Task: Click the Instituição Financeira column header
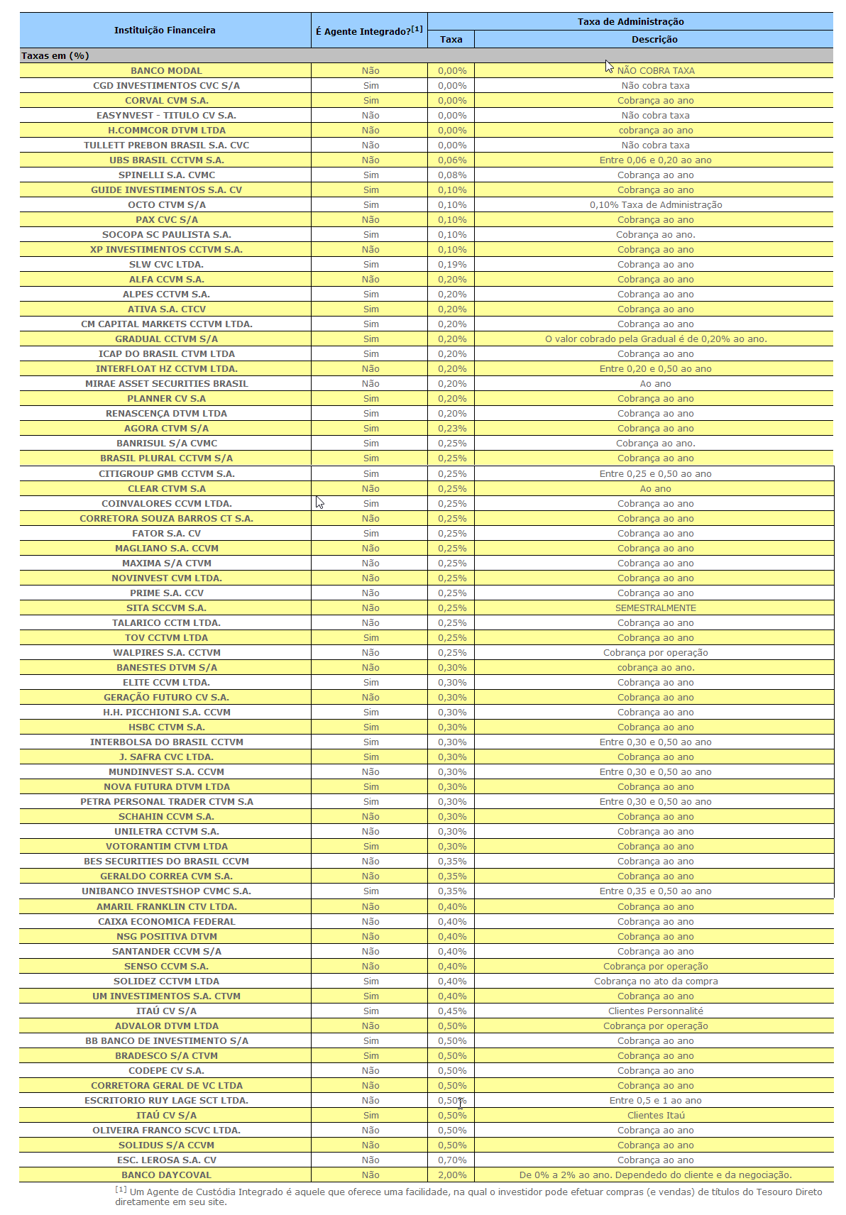coord(165,31)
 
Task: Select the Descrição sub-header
coord(654,40)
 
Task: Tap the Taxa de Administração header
coord(630,22)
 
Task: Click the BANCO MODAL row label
coord(166,71)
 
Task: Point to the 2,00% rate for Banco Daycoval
coord(452,1175)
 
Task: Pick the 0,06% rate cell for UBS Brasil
coord(452,160)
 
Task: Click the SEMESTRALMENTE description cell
coord(655,608)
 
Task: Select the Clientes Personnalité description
coord(655,1011)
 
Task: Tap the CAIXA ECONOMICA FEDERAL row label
coord(166,922)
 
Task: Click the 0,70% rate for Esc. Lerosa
coord(452,1160)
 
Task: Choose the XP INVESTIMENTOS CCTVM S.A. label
coord(166,250)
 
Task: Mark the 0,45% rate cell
coord(452,1011)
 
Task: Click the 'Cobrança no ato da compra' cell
coord(655,982)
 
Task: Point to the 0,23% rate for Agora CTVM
coord(452,429)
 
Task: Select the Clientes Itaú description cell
coord(655,1116)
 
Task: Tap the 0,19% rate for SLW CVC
coord(452,265)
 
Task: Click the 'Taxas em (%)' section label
coord(55,56)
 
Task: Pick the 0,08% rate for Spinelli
coord(452,175)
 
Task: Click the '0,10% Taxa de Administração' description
coord(655,205)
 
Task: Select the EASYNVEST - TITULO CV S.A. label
coord(166,116)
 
